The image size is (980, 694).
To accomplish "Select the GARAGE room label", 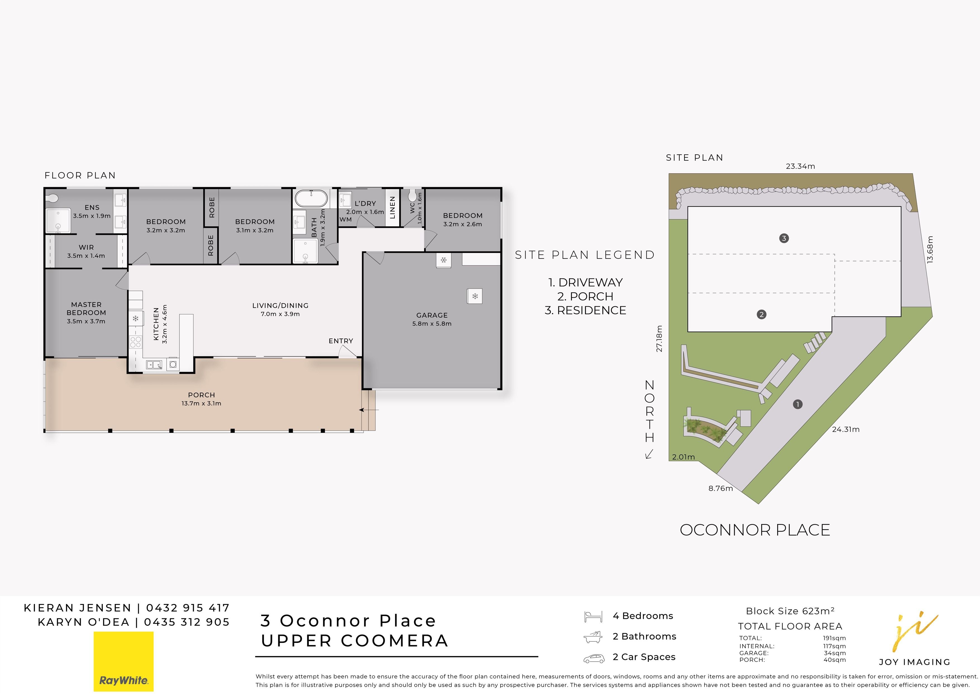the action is coord(432,315).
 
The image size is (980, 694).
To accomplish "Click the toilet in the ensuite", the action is coord(52,198).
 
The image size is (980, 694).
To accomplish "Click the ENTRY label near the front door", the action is coord(341,341).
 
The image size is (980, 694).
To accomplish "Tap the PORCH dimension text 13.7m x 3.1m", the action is coord(201,403).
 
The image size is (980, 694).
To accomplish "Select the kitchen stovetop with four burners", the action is coord(135,342).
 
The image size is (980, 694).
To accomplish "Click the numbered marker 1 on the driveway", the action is coord(797,404).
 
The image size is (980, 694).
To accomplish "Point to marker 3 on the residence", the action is coord(784,238).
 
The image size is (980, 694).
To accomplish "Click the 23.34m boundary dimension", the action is coord(800,166).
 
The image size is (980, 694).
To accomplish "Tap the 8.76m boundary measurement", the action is coord(720,489).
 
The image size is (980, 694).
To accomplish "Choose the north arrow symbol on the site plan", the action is coord(649,454).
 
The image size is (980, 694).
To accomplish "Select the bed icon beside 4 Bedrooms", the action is coord(593,617).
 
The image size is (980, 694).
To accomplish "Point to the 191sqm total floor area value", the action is coord(835,638).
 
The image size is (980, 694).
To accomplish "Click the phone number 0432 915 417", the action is coord(188,608).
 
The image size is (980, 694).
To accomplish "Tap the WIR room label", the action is coord(86,247).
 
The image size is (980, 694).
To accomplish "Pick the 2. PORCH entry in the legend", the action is coord(585,296).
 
